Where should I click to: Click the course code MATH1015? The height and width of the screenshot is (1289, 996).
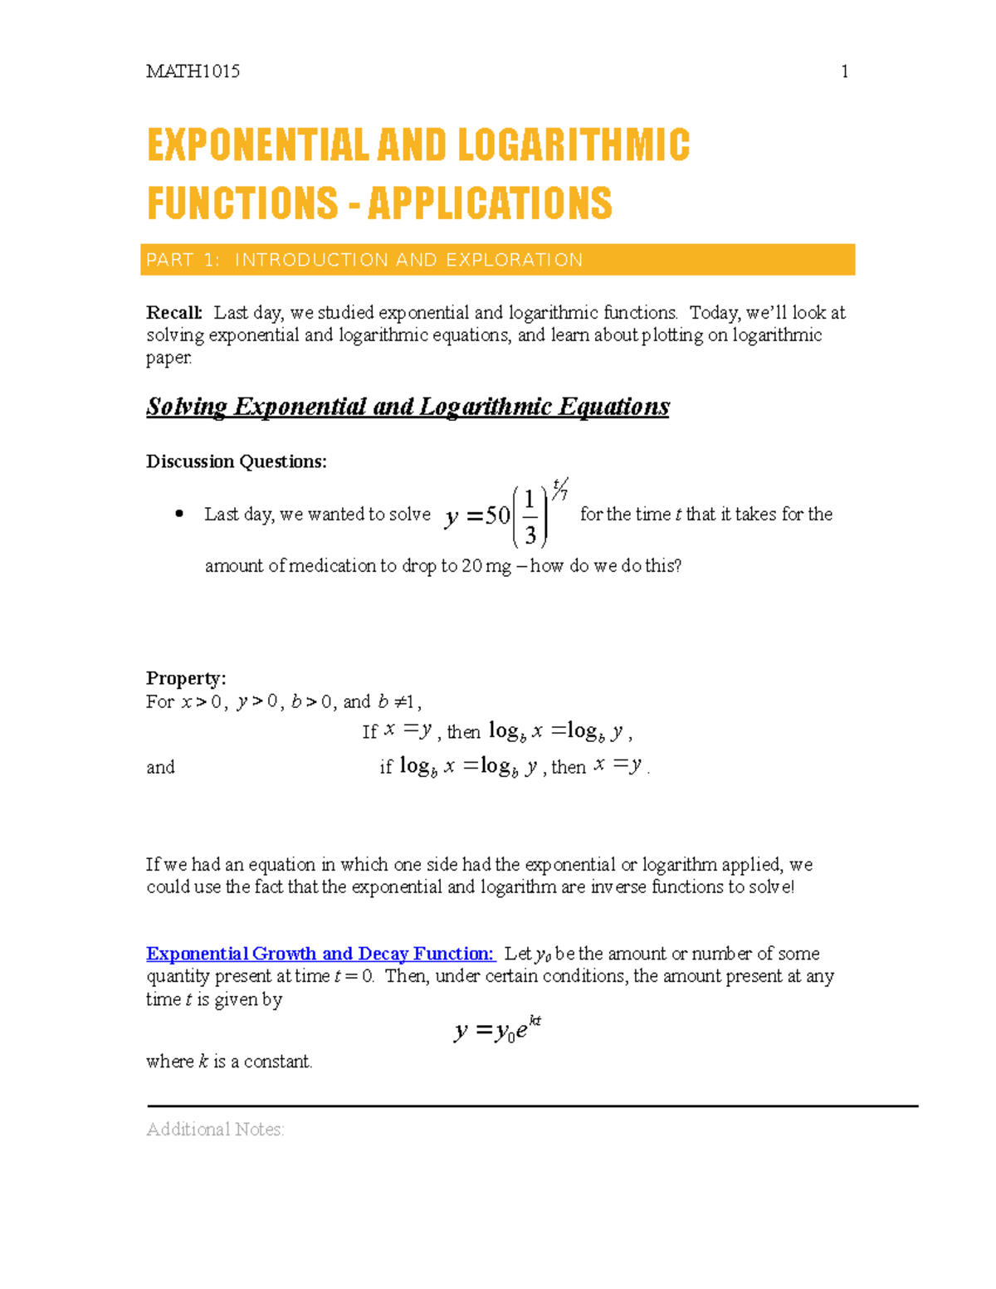click(x=193, y=72)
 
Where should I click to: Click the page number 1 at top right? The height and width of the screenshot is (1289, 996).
click(x=844, y=72)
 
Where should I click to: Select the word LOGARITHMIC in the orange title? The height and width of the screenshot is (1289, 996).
click(x=573, y=146)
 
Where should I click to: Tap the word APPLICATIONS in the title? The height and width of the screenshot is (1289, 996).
click(x=490, y=204)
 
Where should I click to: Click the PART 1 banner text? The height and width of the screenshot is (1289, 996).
click(x=364, y=260)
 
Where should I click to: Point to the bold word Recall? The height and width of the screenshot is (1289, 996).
click(x=173, y=313)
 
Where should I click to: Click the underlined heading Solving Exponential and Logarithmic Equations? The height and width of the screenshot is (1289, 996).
click(x=408, y=407)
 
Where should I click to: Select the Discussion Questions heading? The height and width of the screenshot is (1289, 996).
click(x=237, y=461)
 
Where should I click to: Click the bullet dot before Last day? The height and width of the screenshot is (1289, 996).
click(x=178, y=514)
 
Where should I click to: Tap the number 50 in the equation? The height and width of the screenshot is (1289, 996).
click(x=497, y=516)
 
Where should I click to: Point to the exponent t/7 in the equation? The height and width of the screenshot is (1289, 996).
click(x=560, y=489)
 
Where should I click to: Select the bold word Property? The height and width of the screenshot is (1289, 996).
click(x=186, y=678)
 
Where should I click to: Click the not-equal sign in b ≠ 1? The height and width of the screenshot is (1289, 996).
click(x=399, y=702)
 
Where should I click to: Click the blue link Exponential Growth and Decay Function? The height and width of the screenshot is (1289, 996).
click(x=320, y=954)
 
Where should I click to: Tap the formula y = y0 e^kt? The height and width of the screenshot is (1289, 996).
click(x=497, y=1030)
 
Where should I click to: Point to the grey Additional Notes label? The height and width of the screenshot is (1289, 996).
click(x=215, y=1130)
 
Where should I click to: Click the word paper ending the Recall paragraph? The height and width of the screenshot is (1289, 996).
click(x=168, y=359)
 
